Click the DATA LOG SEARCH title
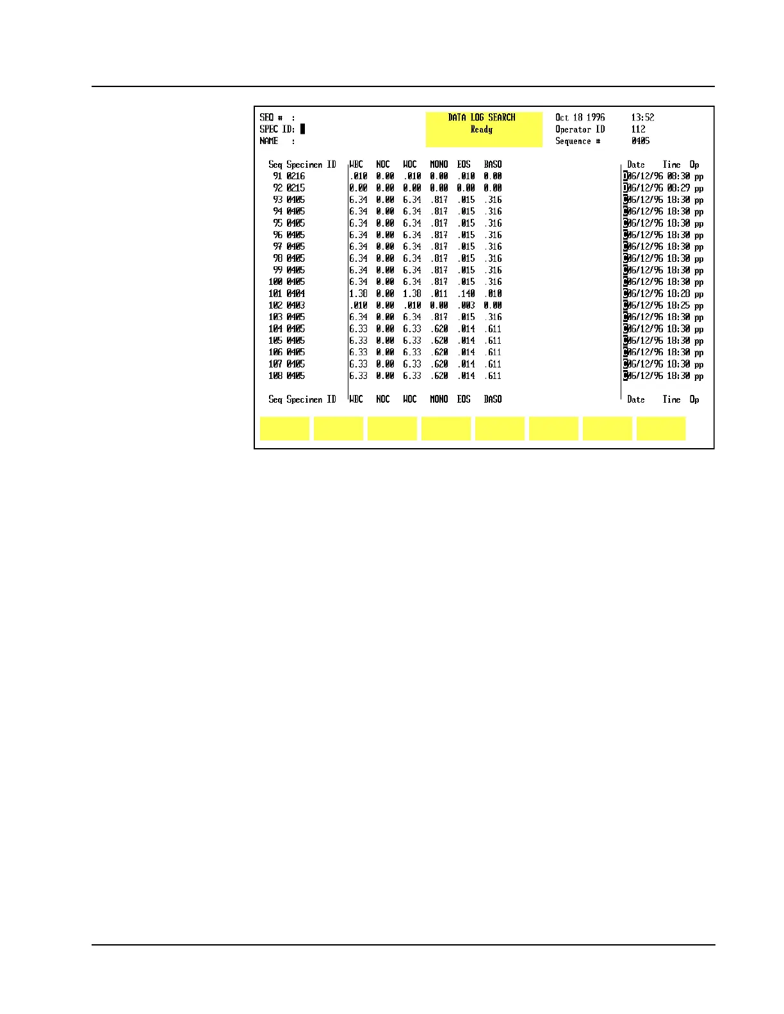pos(481,117)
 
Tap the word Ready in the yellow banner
pos(481,129)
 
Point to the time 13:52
pos(642,117)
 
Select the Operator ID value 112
pos(638,129)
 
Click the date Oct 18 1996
pos(580,117)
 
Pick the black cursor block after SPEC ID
pos(303,129)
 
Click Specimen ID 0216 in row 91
pos(296,176)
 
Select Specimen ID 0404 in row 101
pos(296,294)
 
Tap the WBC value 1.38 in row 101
pos(358,294)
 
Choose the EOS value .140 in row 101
pos(466,294)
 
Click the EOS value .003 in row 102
pos(466,305)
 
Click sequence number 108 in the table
pos(275,376)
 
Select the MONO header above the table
pos(439,165)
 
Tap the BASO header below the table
pos(493,399)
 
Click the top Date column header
pos(635,165)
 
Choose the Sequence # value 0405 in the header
pos(640,141)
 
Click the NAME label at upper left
pos(269,141)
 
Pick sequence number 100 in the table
pos(275,282)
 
